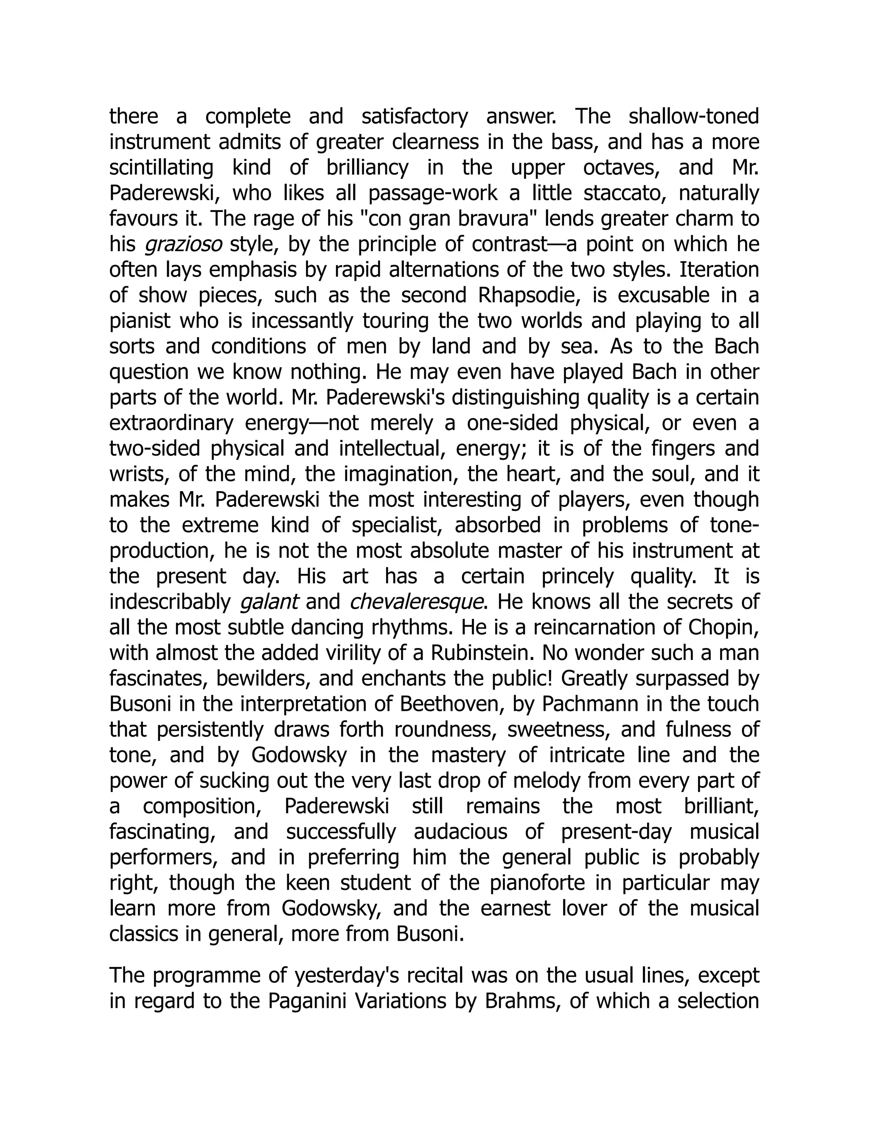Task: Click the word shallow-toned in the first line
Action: [x=693, y=117]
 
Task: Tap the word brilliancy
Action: [x=367, y=168]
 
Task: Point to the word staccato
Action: [x=622, y=193]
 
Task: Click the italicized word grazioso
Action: [x=183, y=244]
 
